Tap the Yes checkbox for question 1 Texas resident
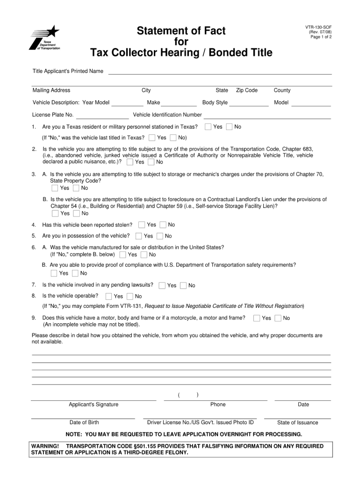click(x=208, y=127)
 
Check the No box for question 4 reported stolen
click(x=163, y=225)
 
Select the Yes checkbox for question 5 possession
click(x=138, y=236)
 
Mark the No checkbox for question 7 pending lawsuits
click(x=183, y=285)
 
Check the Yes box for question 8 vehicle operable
click(x=108, y=296)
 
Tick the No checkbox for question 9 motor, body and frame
click(x=278, y=318)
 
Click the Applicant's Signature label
click(x=94, y=405)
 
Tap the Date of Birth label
click(x=84, y=422)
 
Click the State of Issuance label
click(x=297, y=422)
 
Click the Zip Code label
click(x=247, y=90)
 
